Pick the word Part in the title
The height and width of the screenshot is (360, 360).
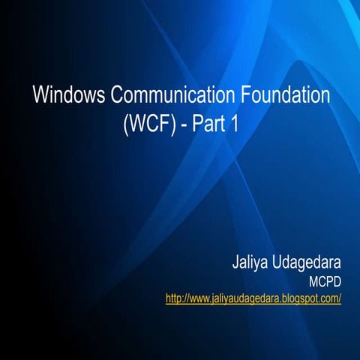210,124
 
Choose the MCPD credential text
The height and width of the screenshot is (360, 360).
325,283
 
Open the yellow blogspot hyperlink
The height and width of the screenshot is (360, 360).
253,298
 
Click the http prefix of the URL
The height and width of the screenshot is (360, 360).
175,298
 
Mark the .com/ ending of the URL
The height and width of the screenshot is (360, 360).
331,298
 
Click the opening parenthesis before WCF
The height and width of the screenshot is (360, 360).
126,124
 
